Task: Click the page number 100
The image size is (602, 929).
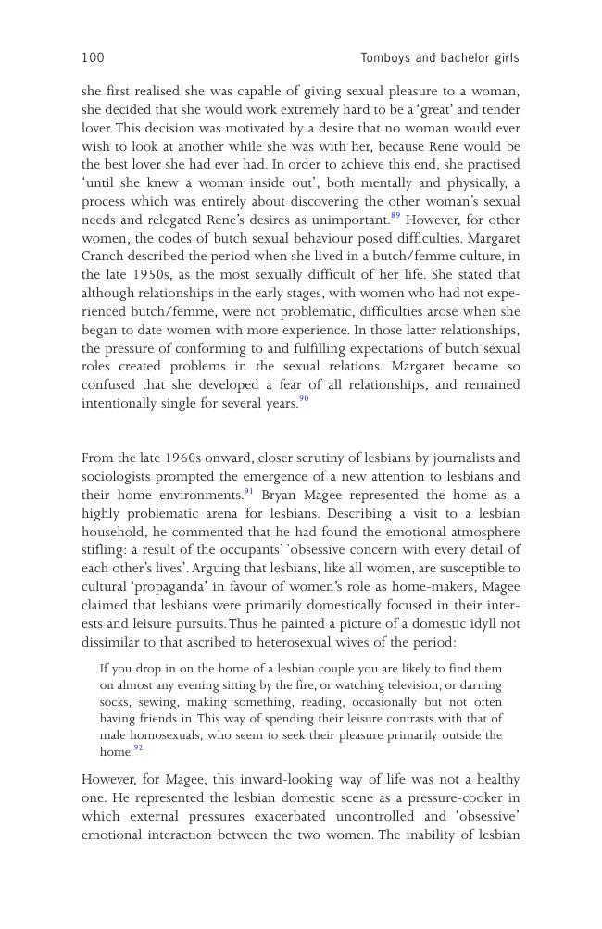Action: coord(93,58)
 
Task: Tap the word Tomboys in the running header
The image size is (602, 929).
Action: coord(385,58)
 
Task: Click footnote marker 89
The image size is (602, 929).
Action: coord(395,217)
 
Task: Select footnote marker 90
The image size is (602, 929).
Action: coord(304,400)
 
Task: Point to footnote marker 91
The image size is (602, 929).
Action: coord(248,492)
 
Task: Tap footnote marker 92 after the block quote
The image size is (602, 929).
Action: coord(138,748)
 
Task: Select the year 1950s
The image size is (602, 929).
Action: coord(144,275)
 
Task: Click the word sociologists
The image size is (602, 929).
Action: coord(119,477)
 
